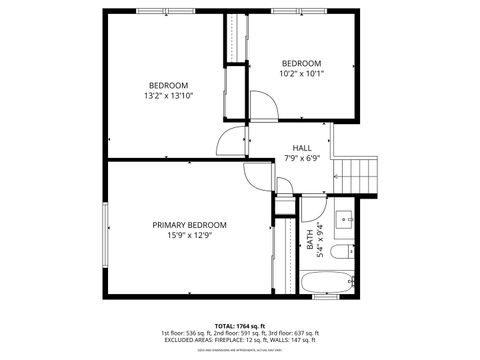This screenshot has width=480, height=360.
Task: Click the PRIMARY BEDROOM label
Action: point(189,225)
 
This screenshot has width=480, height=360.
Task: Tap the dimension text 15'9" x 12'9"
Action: point(189,236)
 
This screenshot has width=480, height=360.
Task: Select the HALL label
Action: point(302,148)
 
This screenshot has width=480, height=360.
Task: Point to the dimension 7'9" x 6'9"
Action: point(302,159)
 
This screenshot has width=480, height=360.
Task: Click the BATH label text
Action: point(311,243)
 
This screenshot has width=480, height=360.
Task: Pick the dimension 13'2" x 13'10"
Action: point(168,97)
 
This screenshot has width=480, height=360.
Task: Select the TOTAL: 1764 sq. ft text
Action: point(239,326)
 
